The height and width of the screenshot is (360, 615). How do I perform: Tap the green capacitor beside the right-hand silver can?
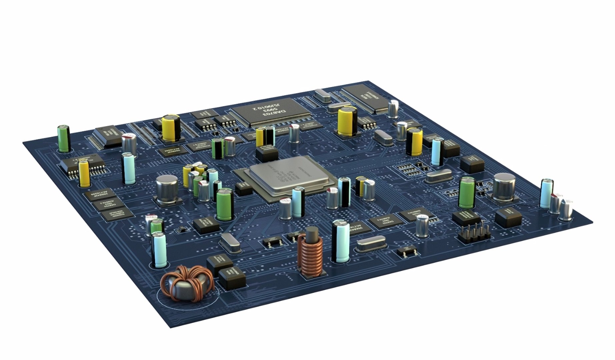click(466, 193)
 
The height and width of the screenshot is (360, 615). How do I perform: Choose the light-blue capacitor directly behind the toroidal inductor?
click(159, 250)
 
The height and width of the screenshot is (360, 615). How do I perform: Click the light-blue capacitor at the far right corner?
click(546, 194)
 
